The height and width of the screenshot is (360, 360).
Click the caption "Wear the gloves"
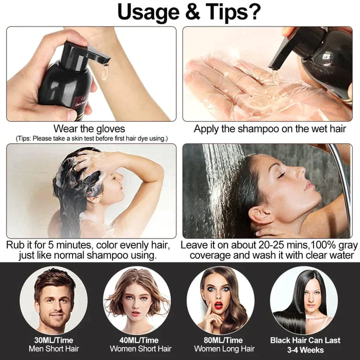89,129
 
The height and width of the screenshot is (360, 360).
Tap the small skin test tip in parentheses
91,138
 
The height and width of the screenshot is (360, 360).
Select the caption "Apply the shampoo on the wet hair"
270,129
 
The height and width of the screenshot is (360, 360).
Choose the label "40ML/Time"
140,340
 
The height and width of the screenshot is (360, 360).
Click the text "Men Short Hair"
54,349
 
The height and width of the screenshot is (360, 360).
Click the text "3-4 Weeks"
305,349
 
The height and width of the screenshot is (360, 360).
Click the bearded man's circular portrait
53,299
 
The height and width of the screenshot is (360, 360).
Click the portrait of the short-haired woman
137,299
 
